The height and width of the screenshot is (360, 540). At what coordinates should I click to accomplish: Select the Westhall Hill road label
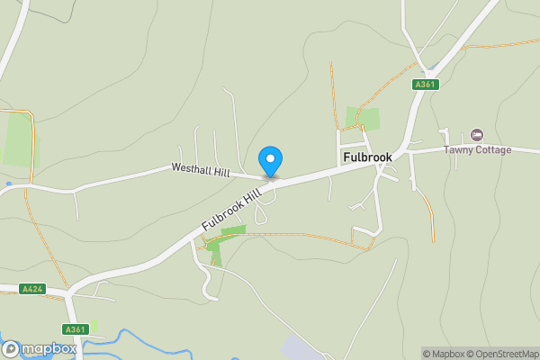pyautogui.click(x=201, y=168)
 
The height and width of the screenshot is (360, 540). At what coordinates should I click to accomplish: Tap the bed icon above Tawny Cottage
pyautogui.click(x=477, y=135)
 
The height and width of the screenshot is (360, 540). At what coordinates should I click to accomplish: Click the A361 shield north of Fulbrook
pyautogui.click(x=425, y=84)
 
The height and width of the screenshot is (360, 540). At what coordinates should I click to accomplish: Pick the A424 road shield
pyautogui.click(x=32, y=289)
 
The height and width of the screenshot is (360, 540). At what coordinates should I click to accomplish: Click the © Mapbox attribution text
pyautogui.click(x=443, y=354)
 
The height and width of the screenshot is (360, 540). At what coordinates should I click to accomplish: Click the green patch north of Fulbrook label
pyautogui.click(x=362, y=119)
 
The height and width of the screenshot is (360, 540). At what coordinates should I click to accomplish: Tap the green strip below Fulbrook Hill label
pyautogui.click(x=232, y=231)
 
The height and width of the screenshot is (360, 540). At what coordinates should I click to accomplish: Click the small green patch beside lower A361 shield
pyautogui.click(x=94, y=326)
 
